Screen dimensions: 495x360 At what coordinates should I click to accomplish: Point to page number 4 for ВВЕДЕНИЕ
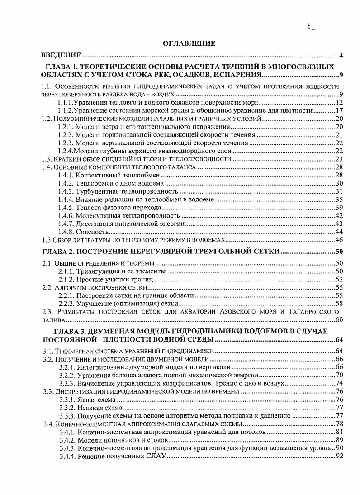click(x=341, y=56)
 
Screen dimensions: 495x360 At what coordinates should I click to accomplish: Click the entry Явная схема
click(x=96, y=400)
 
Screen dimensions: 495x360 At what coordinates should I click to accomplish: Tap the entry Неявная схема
click(x=99, y=408)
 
